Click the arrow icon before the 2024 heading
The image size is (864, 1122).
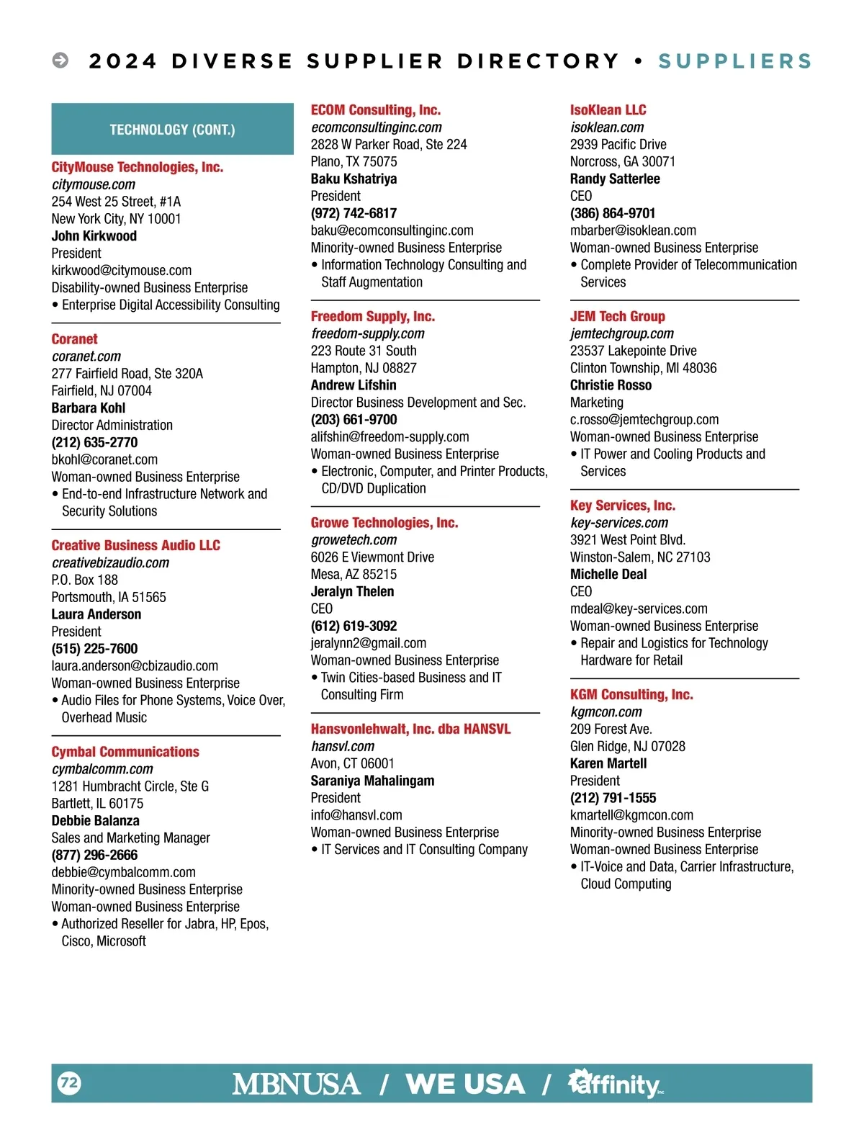point(60,60)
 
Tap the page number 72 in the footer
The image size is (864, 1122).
point(69,1082)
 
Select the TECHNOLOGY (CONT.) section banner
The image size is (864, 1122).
point(172,130)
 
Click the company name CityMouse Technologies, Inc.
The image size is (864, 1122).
point(137,167)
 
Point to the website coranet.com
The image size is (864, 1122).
point(86,356)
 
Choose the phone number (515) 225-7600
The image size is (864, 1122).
point(94,649)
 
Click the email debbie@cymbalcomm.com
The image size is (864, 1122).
point(123,872)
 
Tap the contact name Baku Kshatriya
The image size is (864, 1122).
point(354,179)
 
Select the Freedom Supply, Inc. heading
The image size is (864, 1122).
point(372,316)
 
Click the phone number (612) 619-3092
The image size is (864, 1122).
point(354,626)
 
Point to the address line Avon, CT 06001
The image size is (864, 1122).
point(352,763)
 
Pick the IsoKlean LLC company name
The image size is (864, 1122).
point(608,110)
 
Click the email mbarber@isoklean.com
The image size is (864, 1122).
point(633,230)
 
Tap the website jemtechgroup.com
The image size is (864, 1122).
point(621,333)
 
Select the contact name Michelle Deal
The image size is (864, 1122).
point(608,574)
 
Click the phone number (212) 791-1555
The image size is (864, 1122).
point(613,798)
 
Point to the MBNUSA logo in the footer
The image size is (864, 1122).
point(296,1084)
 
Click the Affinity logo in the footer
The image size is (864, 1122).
point(616,1083)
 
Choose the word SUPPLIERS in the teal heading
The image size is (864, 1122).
point(734,61)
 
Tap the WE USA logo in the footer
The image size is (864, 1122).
point(465,1084)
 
